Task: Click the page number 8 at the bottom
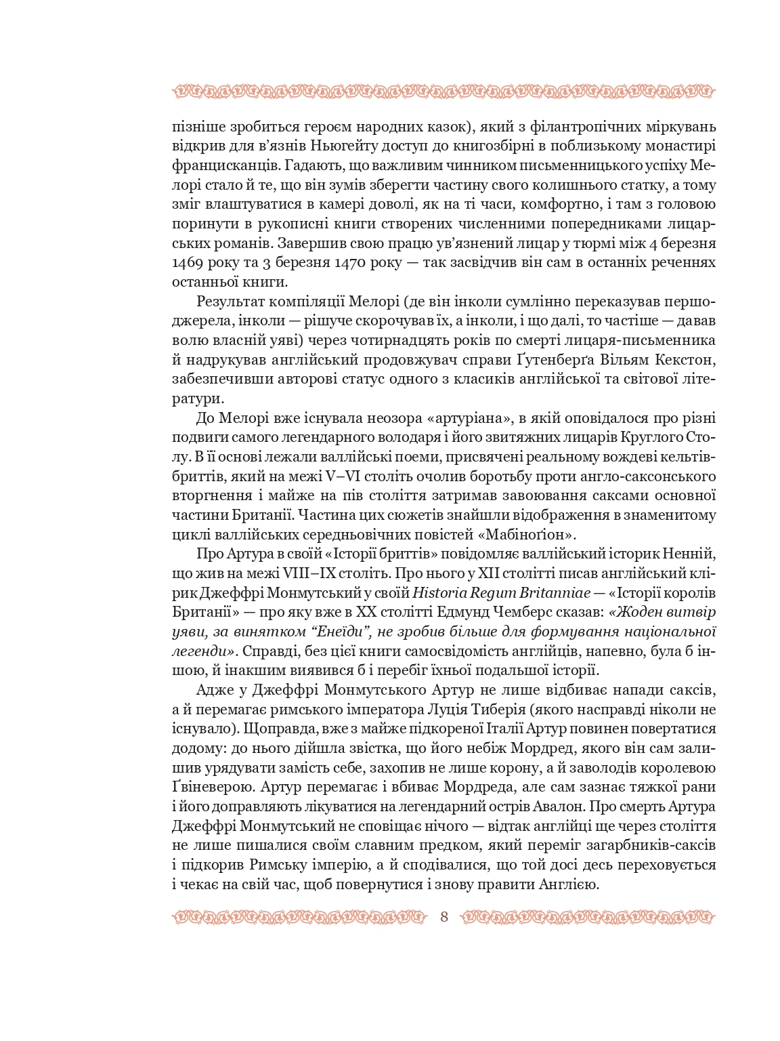coord(444,918)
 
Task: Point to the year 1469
coord(188,262)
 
